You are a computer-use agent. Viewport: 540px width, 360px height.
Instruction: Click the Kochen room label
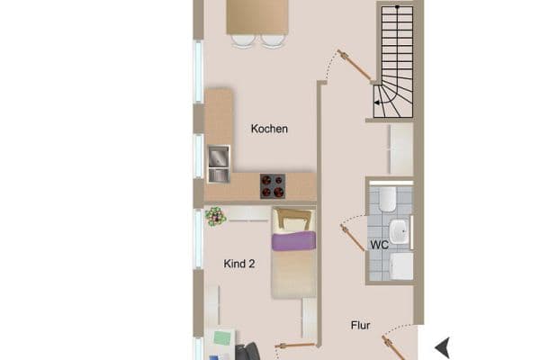(269, 129)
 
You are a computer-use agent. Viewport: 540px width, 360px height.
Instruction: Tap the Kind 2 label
(240, 263)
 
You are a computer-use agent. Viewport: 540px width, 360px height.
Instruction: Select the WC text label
(380, 244)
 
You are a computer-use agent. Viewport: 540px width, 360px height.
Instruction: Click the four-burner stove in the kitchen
(272, 186)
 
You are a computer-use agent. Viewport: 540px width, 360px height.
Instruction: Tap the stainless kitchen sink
(219, 165)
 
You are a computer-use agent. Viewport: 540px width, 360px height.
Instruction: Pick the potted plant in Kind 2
(215, 216)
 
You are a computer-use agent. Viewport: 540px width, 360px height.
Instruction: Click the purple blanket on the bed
(294, 240)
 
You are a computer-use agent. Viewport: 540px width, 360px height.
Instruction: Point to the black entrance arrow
(442, 347)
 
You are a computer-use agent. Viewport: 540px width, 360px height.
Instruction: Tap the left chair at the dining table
(241, 40)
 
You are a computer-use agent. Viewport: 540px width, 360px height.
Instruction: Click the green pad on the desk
(223, 340)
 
